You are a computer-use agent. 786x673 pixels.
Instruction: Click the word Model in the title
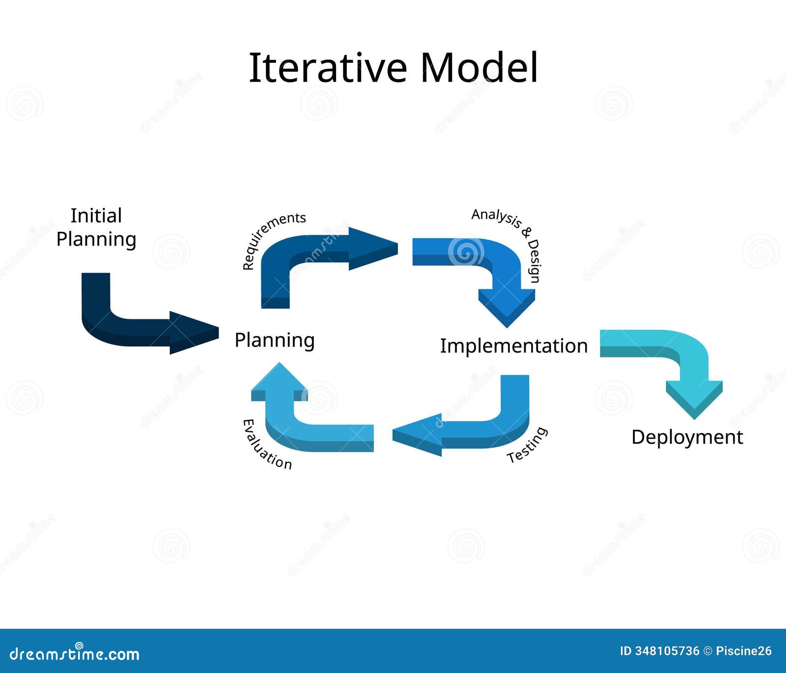tap(479, 67)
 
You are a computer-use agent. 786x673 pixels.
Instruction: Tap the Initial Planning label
tap(96, 227)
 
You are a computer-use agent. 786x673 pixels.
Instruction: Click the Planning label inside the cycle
tap(275, 340)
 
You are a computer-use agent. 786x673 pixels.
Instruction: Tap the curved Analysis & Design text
tap(511, 241)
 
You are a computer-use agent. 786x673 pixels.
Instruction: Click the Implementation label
tap(513, 346)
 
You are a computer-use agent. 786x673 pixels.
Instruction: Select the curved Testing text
tap(527, 445)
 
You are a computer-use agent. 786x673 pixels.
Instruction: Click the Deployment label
tap(687, 437)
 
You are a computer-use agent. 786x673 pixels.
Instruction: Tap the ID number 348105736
tap(667, 651)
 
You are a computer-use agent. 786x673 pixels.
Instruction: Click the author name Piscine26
tap(744, 651)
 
